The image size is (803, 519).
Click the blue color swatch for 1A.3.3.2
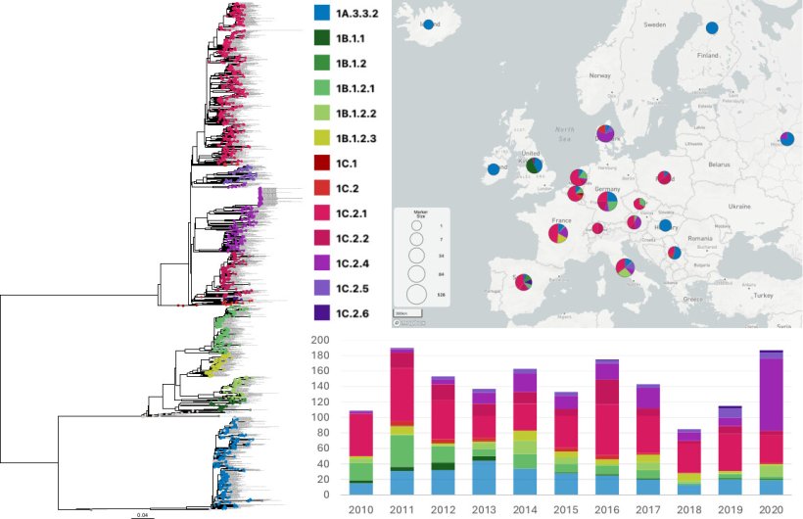coord(321,14)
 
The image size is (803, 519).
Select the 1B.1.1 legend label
coord(353,39)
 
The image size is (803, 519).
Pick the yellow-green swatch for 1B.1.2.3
coord(321,137)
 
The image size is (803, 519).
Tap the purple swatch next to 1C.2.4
coord(321,262)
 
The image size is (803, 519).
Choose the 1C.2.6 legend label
coord(353,312)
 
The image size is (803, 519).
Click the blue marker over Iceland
coord(428,24)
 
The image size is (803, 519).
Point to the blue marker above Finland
coord(713,28)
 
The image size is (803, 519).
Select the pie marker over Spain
coord(524,282)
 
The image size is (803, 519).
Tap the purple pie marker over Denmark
coord(606,133)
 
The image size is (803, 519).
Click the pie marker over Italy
coord(625,266)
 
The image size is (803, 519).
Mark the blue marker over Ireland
coord(493,169)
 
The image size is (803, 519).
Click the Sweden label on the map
coord(654,24)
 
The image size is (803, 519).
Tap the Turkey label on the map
coord(764,295)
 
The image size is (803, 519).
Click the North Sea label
coord(563,133)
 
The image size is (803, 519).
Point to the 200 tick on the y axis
coord(320,340)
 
